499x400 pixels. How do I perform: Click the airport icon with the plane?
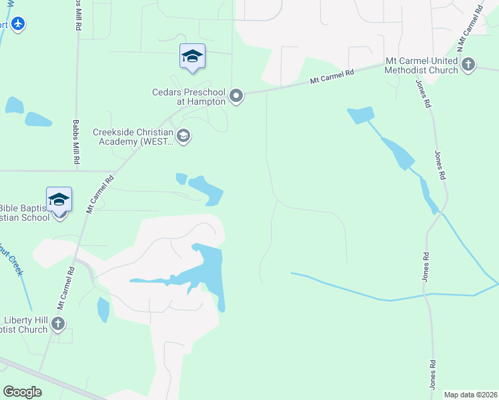click(x=18, y=25)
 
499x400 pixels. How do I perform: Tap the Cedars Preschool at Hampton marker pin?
click(x=236, y=97)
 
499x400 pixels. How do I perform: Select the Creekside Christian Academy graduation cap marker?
click(x=183, y=137)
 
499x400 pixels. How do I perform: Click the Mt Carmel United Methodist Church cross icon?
click(x=468, y=65)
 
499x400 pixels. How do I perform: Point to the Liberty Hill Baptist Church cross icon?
click(x=58, y=324)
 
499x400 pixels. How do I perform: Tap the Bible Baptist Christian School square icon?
click(x=59, y=199)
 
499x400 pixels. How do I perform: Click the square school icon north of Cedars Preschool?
click(x=192, y=56)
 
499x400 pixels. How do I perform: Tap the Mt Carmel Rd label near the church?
click(x=331, y=78)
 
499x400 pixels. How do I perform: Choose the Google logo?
click(x=22, y=392)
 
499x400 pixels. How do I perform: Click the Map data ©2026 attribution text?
click(x=470, y=395)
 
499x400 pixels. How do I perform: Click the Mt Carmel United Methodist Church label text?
click(x=422, y=65)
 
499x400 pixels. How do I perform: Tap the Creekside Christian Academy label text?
click(x=133, y=137)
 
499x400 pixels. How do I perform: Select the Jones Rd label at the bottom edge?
click(x=433, y=375)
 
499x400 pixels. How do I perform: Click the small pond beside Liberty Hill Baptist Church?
click(x=103, y=310)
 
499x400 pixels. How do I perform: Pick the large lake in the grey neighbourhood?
click(x=211, y=270)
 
